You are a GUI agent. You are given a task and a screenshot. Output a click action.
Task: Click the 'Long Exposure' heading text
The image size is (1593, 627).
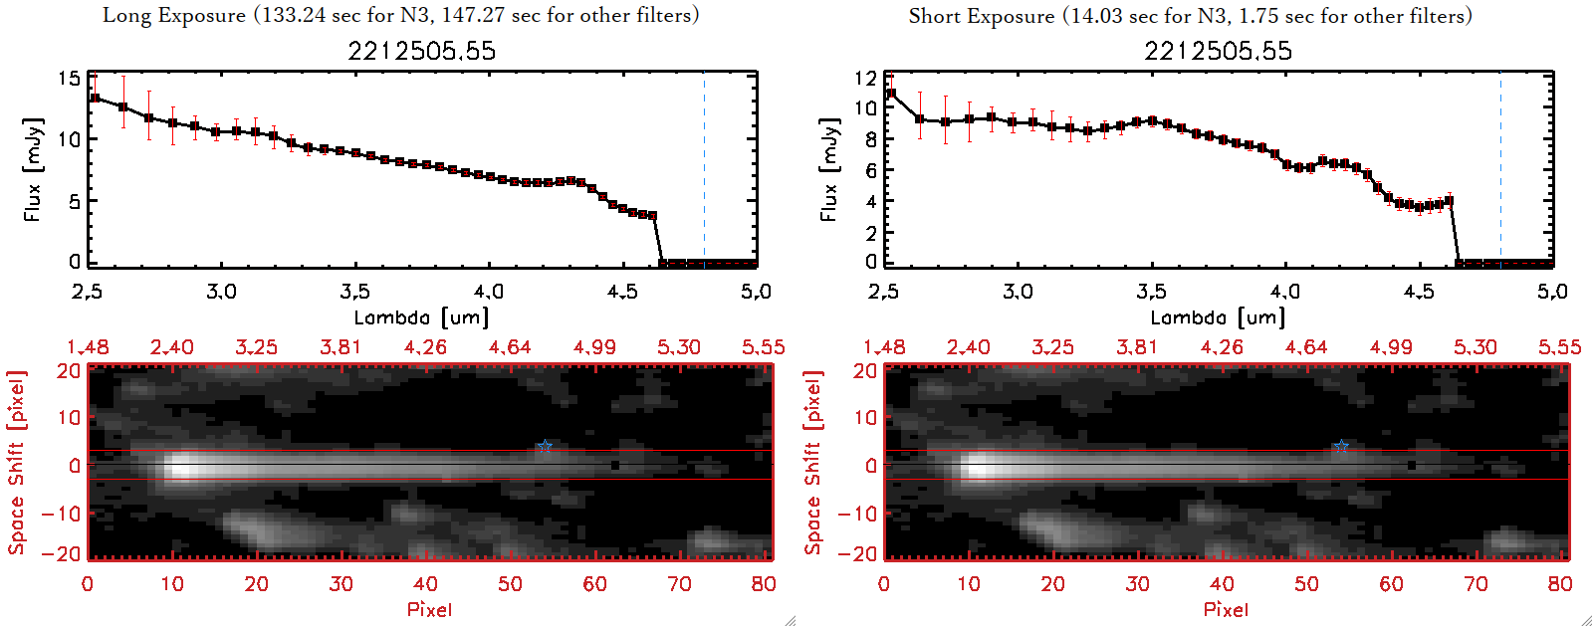174,15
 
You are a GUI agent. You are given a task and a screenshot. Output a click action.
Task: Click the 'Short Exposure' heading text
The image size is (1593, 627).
981,16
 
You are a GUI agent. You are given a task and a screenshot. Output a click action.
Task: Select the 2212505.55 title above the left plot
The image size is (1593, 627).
421,51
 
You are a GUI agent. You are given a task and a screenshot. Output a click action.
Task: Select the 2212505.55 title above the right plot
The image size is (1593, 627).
1218,51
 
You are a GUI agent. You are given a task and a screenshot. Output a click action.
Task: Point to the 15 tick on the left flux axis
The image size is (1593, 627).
69,79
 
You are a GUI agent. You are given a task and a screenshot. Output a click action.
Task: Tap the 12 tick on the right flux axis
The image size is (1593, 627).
865,79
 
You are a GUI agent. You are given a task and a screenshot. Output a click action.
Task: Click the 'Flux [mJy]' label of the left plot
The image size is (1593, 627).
33,169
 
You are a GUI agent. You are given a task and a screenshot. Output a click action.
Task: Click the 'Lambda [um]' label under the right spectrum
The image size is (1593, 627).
1218,317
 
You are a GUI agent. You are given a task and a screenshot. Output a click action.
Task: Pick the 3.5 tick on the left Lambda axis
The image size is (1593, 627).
354,292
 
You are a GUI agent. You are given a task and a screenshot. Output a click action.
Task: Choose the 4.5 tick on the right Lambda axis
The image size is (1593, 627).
1419,292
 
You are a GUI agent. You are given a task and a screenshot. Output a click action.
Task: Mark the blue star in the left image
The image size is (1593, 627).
544,447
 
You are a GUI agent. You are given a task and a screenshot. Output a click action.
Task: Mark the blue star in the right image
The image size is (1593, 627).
1341,447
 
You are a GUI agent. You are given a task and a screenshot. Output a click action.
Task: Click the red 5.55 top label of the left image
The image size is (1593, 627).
763,347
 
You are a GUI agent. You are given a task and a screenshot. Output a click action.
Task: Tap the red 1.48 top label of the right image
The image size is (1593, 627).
884,347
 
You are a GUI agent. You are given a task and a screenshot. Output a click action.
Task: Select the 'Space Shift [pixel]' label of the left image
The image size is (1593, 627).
17,463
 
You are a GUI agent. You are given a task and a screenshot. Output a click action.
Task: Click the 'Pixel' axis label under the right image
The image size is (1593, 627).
1226,609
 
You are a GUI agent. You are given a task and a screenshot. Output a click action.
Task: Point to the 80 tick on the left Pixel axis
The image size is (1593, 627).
764,584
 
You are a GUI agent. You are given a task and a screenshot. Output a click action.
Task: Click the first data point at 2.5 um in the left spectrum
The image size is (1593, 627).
95,98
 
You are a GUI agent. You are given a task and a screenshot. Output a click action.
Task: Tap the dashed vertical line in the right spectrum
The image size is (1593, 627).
1500,169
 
